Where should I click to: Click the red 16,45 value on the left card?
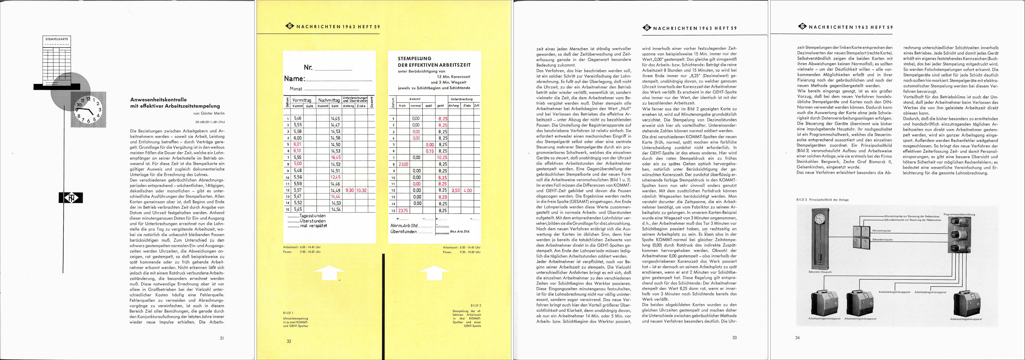335,158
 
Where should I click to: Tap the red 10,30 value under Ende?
361,191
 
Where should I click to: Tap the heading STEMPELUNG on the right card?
414,58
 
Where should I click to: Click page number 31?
222,338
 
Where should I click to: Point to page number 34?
797,338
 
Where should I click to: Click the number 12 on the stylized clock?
88,99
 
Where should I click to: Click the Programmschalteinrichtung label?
959,214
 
